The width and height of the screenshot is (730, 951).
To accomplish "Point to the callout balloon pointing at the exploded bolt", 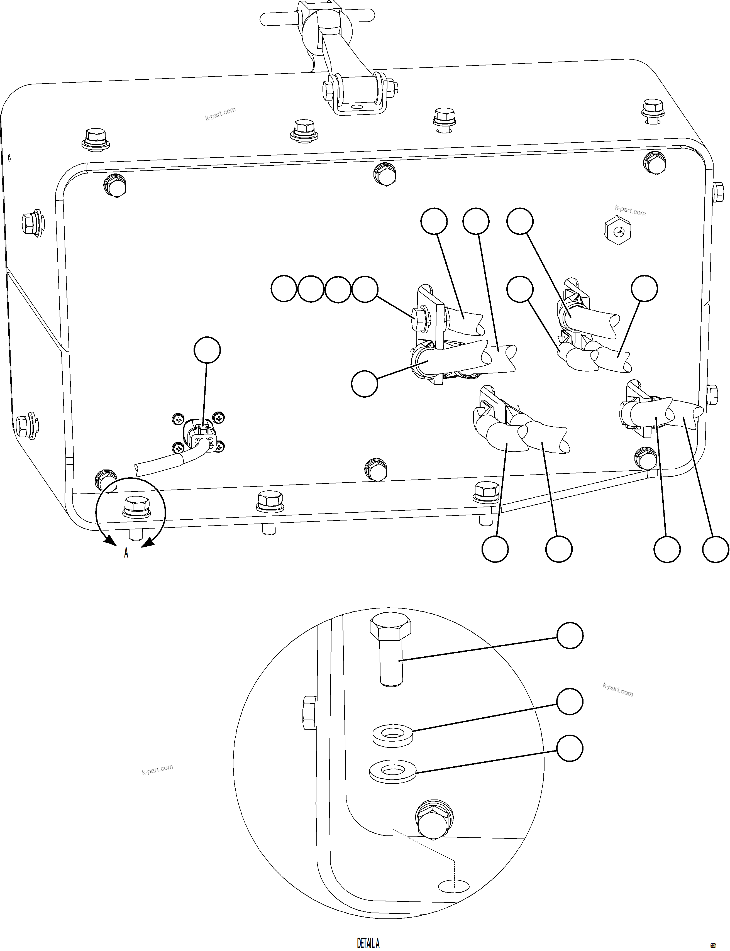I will (x=569, y=635).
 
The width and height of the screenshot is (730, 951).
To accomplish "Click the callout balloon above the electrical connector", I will (x=207, y=349).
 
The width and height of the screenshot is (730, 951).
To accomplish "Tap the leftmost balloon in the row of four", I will (x=284, y=289).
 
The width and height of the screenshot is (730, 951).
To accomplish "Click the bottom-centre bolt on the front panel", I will (x=376, y=469).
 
